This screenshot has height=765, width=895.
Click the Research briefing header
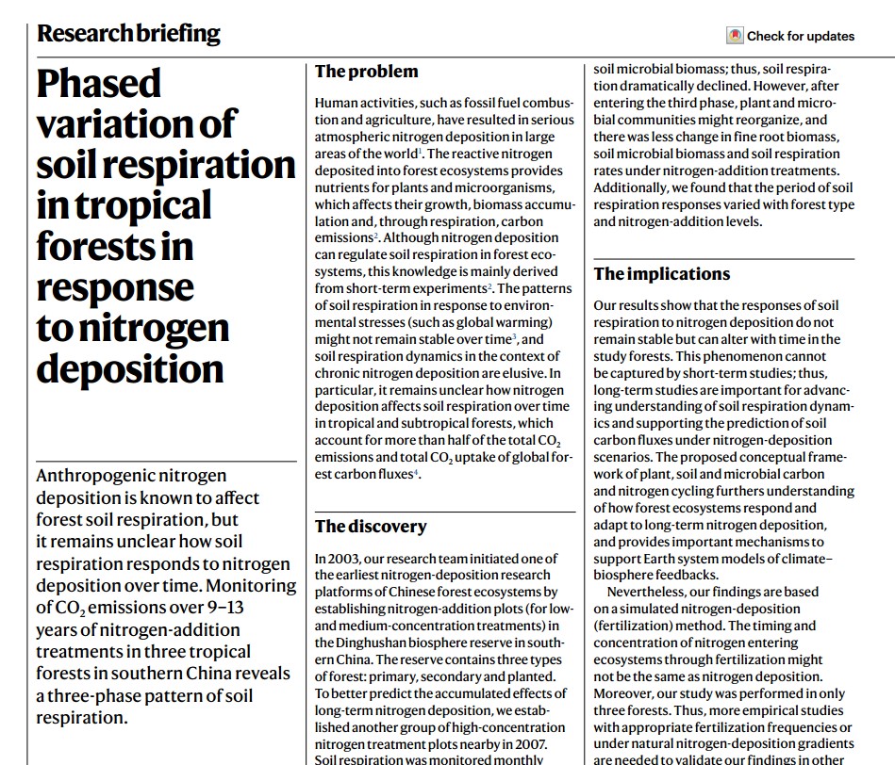click(x=128, y=34)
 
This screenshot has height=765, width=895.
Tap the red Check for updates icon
click(x=735, y=36)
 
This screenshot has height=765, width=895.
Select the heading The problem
click(x=366, y=72)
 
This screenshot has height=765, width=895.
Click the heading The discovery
click(x=371, y=527)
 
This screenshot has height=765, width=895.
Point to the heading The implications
click(x=661, y=274)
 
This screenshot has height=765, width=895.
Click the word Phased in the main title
click(x=99, y=85)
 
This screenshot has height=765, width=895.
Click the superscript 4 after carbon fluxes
click(x=415, y=472)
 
